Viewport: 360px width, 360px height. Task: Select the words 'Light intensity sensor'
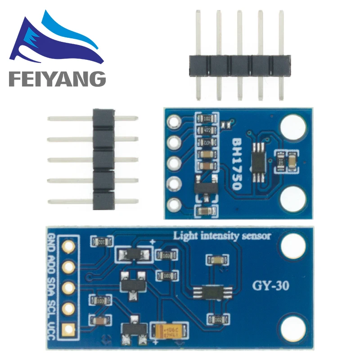pos(222,235)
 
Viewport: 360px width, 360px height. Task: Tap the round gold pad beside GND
pos(69,246)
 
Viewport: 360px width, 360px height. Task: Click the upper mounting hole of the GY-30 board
pos(292,246)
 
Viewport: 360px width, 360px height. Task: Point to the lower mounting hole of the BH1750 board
pos(292,198)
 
